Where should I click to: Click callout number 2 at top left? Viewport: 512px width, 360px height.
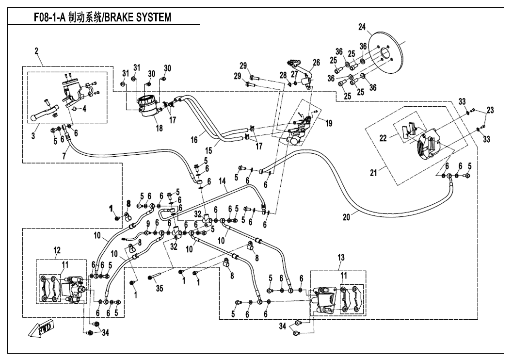pyautogui.click(x=36, y=50)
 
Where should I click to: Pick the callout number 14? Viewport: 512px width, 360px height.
pyautogui.click(x=223, y=181)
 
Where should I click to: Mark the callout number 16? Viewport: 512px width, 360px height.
pyautogui.click(x=195, y=139)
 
